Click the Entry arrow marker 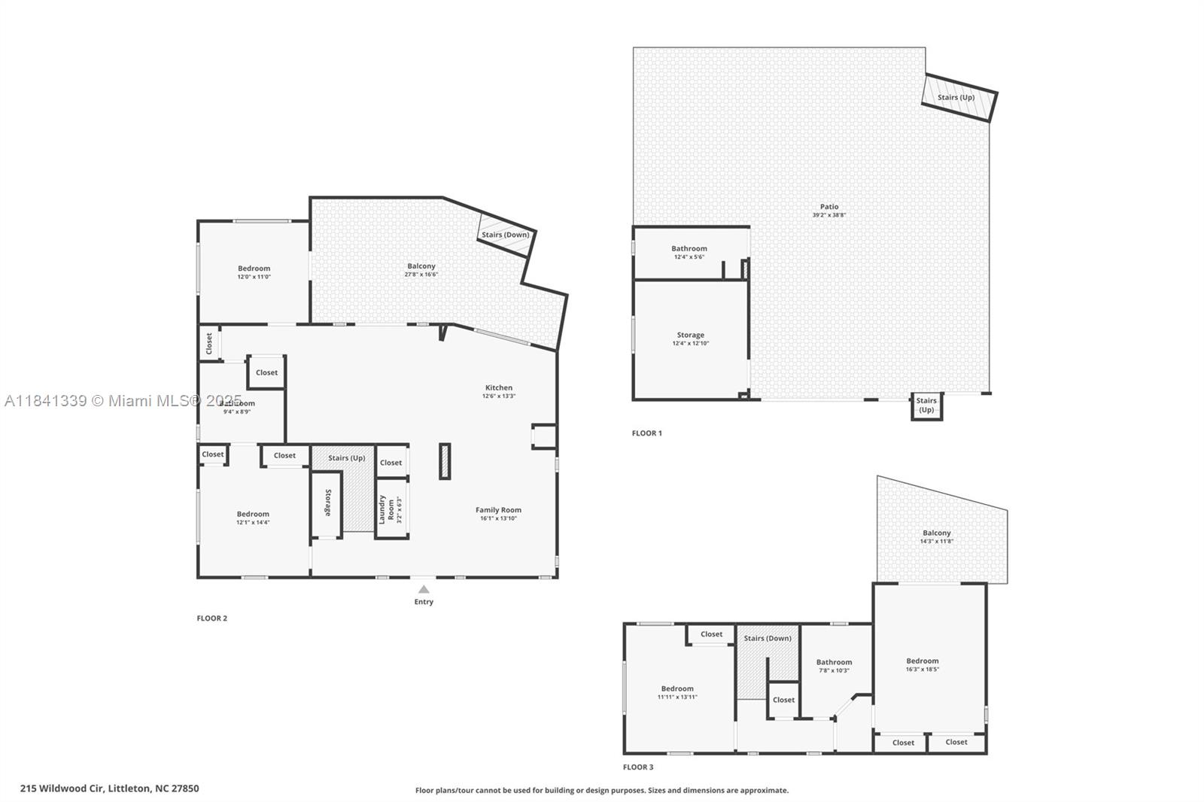[424, 590]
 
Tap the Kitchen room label [498, 388]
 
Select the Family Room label [498, 510]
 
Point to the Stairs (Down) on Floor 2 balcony [505, 235]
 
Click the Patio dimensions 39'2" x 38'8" [829, 215]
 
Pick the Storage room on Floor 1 [690, 336]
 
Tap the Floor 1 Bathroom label [689, 249]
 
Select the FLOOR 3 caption [638, 767]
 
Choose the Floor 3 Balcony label [936, 533]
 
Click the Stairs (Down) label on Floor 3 [767, 639]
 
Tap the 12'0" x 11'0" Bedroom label [254, 269]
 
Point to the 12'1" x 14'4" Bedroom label [253, 515]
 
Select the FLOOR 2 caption [211, 618]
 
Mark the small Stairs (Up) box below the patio [926, 406]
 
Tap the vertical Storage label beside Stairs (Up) [327, 503]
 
